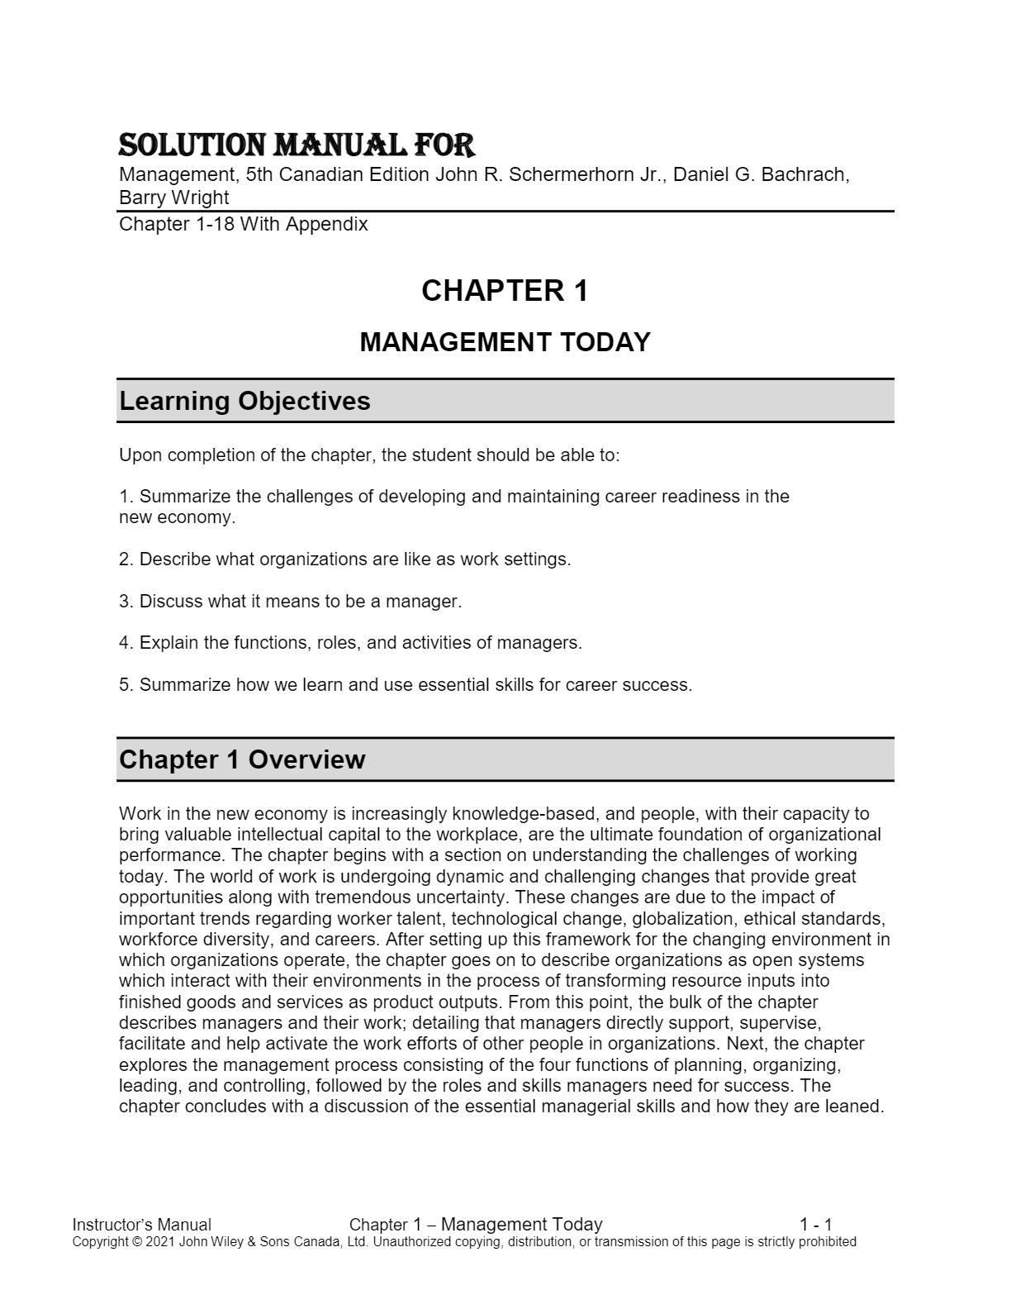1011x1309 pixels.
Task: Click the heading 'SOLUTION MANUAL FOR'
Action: tap(297, 145)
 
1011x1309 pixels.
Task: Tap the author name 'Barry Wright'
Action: tap(174, 198)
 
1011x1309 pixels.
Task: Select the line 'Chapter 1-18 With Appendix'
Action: tap(244, 225)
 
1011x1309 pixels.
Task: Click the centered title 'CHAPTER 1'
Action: tap(505, 291)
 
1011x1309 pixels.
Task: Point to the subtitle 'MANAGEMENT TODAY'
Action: tap(505, 342)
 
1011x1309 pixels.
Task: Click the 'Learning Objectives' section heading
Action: tap(244, 402)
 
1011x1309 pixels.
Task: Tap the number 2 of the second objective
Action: tap(125, 559)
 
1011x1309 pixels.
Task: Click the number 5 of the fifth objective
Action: tap(125, 685)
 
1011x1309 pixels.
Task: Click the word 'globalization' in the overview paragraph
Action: tap(683, 919)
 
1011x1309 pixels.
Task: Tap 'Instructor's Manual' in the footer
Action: tap(142, 1225)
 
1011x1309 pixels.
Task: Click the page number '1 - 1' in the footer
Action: tap(815, 1225)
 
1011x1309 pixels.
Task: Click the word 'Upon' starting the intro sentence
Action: tap(138, 455)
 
